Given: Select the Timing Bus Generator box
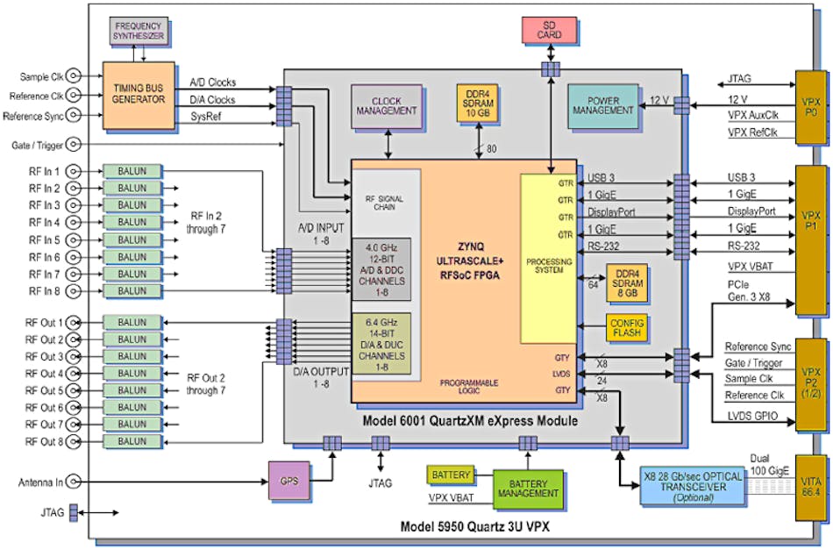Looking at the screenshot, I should coord(139,93).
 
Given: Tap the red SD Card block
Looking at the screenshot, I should coord(549,31).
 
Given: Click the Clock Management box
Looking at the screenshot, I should coord(387,105).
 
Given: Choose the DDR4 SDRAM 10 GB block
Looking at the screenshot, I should coord(478,105).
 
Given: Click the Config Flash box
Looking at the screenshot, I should coord(626,328).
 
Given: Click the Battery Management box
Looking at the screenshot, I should coord(527,488).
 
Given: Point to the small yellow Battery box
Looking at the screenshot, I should coord(450,475).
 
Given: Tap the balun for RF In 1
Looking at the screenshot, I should coord(132,171).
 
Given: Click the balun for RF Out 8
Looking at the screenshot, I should coord(132,441).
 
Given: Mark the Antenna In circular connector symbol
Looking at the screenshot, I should coord(77,482).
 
